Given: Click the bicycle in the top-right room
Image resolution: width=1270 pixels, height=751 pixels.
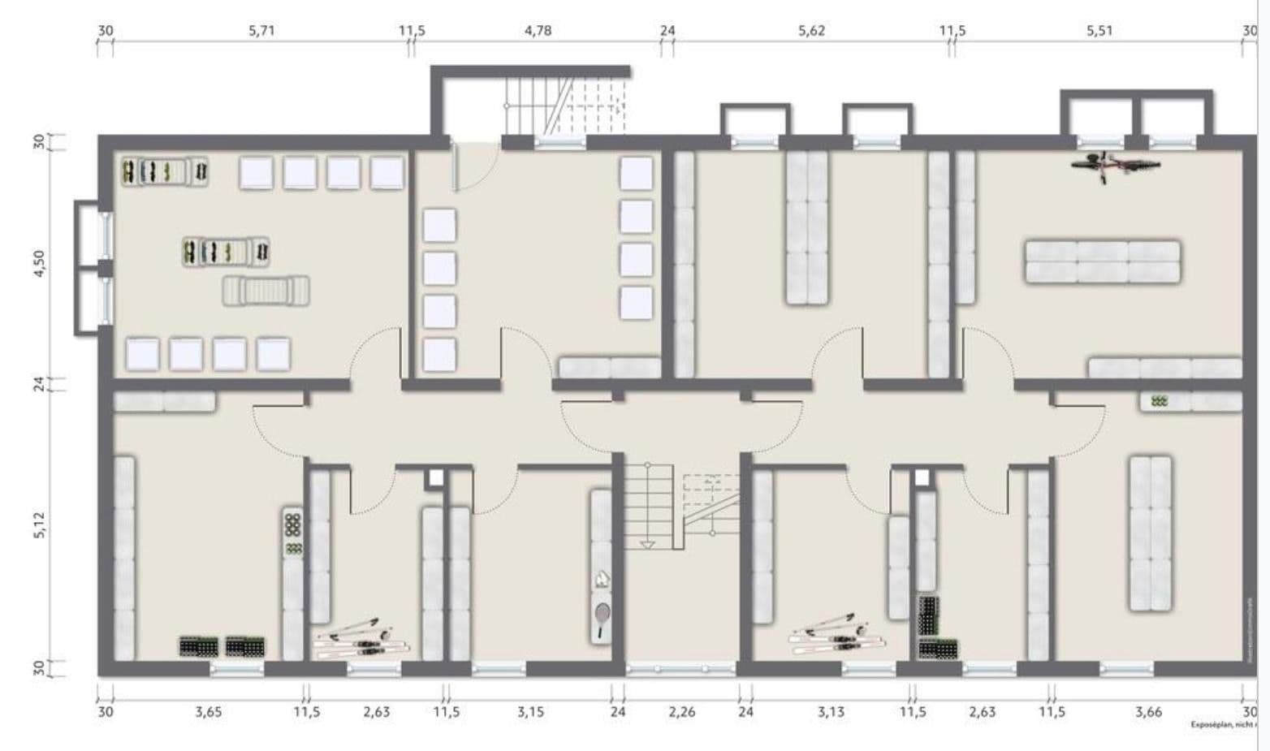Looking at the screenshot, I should (x=1115, y=164).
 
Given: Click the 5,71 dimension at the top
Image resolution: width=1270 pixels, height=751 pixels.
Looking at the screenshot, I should (x=261, y=31).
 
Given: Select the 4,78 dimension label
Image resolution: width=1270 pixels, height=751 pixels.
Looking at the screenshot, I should (x=538, y=31).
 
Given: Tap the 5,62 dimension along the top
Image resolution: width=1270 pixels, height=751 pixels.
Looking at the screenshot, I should (x=811, y=31).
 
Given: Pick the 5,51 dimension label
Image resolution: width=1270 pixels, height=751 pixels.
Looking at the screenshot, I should (x=1099, y=31).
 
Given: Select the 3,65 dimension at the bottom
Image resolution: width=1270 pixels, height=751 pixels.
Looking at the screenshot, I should (x=208, y=713).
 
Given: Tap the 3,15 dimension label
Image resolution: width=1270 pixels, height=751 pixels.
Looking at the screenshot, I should (x=530, y=713).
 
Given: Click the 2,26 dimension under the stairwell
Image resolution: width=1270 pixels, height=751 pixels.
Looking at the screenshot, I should (x=681, y=713).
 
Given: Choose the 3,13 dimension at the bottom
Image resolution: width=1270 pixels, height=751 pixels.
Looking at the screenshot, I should (x=831, y=713).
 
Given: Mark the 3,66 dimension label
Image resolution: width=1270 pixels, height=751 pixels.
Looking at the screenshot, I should (x=1148, y=713).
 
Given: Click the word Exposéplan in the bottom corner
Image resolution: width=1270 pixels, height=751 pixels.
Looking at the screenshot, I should (x=1211, y=724).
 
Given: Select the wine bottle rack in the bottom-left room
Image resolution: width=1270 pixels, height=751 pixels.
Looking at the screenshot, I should (x=292, y=533).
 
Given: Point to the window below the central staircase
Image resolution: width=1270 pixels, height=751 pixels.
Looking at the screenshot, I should (x=680, y=669).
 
